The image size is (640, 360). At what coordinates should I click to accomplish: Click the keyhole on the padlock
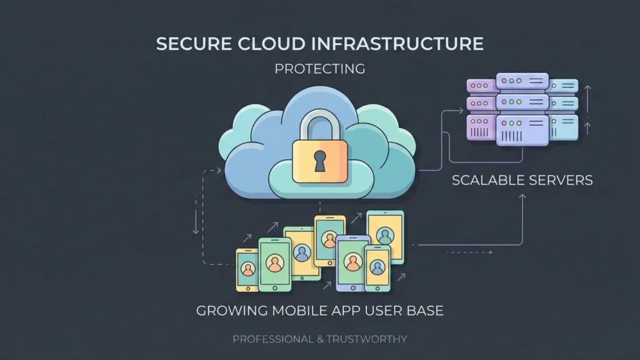point(320,161)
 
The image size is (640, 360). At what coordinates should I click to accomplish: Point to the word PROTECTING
point(320,69)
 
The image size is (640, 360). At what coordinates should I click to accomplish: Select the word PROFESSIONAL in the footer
point(269,339)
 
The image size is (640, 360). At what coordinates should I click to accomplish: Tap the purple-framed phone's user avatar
point(353,260)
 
